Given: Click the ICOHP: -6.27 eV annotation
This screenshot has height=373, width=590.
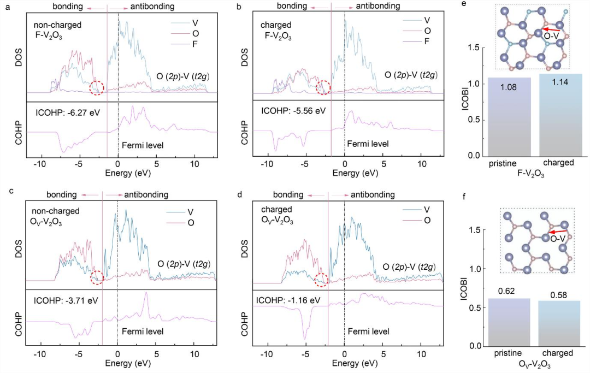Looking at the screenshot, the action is coord(68,113).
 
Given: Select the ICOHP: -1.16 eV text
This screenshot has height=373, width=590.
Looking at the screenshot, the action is coord(288,300).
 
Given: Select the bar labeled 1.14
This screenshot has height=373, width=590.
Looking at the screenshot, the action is coord(560,115).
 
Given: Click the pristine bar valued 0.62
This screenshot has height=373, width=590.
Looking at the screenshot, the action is coord(509,322).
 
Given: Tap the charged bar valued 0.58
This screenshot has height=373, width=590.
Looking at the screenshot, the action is coord(559,324).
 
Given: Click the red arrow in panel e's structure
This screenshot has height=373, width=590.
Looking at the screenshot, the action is coord(550,29).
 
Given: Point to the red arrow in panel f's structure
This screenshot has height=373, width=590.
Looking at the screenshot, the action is coord(558,232).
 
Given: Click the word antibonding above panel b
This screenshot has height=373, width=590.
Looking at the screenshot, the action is coord(378,6).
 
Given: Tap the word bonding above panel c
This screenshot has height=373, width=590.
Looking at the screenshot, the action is coord(62,195).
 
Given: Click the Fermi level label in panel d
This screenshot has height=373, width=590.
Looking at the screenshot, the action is coord(368,331).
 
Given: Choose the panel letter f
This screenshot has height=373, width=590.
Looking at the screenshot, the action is coord(465,196).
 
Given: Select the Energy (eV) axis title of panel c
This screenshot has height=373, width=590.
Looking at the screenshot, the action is coord(128,363).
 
